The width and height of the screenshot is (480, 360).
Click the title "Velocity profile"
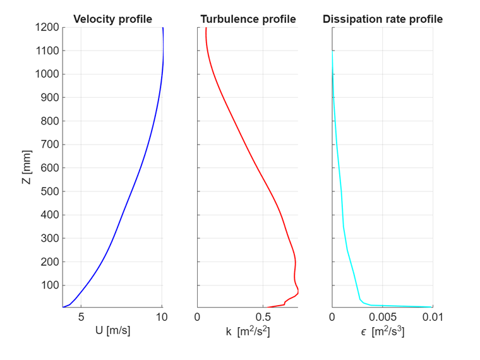[112, 19]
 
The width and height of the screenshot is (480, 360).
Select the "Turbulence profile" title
[248, 19]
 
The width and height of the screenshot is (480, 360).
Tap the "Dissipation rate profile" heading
[382, 19]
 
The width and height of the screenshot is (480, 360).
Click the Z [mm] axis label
[26, 167]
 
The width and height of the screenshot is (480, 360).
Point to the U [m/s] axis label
[112, 331]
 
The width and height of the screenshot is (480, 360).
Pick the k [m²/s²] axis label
[248, 331]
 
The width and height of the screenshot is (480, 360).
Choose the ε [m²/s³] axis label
[382, 331]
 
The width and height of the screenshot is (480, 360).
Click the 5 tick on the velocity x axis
[81, 317]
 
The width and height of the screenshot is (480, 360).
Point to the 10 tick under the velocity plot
[162, 317]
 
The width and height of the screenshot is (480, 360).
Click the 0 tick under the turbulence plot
[198, 317]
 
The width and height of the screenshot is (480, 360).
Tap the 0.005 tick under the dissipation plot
[382, 317]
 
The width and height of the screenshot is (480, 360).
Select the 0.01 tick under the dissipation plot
[432, 317]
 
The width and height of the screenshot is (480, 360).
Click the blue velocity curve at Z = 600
[141, 167]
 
